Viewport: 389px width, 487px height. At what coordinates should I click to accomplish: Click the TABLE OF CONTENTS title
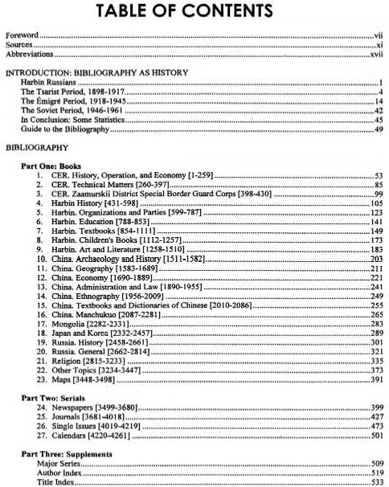194,11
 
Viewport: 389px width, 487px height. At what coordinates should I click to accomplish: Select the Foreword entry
23,36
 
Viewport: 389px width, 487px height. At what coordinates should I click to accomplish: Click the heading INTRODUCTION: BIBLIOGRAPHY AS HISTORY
96,73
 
